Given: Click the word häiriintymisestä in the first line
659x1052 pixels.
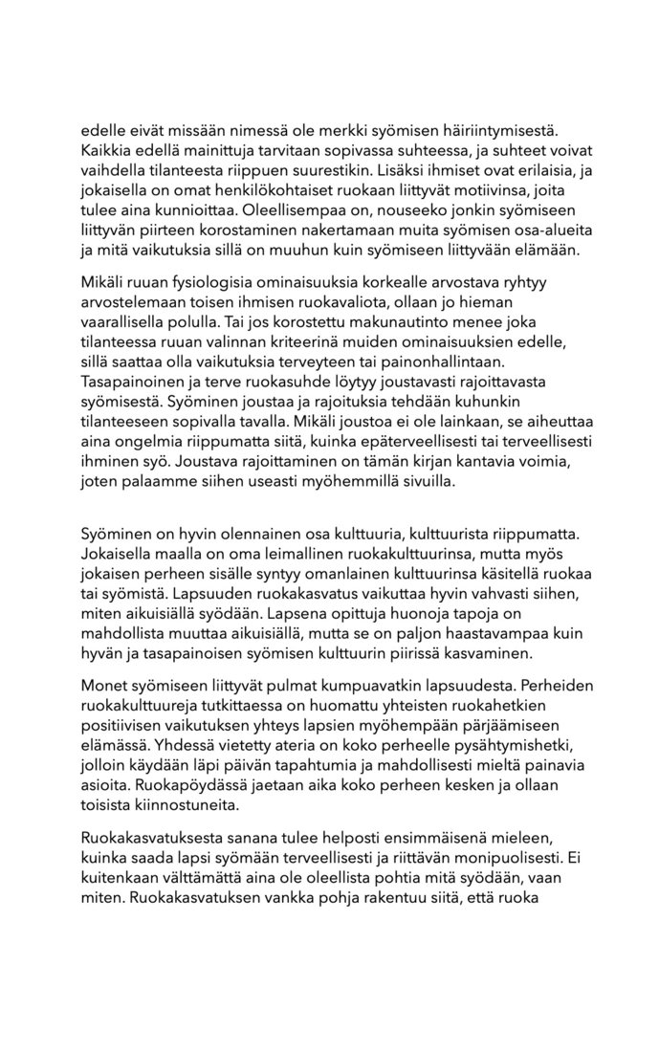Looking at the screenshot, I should [515, 127].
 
